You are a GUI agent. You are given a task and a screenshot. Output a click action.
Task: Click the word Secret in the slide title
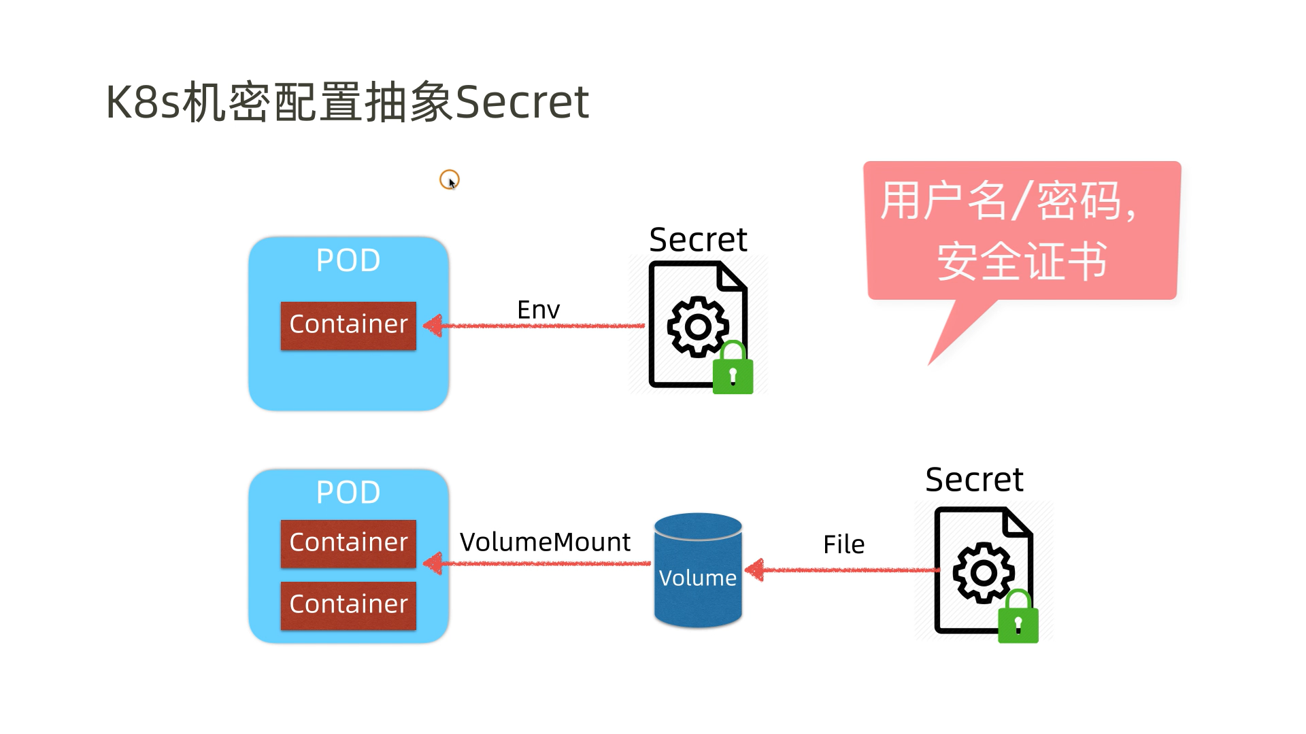click(521, 102)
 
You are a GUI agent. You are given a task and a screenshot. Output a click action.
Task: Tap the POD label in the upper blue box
click(348, 260)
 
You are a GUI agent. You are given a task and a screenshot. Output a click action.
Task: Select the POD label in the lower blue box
click(348, 492)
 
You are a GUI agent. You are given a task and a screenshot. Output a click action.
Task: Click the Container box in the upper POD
click(348, 326)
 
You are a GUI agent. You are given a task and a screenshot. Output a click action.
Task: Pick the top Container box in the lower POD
click(348, 543)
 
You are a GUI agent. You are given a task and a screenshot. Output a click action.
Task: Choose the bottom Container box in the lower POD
click(348, 605)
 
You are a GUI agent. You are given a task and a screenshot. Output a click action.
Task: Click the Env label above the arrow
click(538, 310)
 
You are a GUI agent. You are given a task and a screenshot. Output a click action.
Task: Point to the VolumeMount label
click(545, 542)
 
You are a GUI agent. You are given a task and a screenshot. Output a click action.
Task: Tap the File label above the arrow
click(843, 544)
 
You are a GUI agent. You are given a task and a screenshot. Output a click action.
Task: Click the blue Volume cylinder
click(698, 571)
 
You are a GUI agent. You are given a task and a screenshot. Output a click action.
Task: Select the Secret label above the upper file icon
click(698, 240)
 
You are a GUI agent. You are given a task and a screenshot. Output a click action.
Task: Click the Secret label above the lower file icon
click(974, 480)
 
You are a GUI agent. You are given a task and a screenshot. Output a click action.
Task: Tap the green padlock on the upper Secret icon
click(733, 370)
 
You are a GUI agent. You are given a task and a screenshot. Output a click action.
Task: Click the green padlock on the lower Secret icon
click(1018, 620)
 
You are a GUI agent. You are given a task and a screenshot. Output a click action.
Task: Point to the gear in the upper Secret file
click(698, 327)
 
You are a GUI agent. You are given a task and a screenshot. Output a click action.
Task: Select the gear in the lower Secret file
click(984, 573)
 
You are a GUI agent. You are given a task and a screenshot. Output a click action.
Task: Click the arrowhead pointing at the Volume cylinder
click(755, 570)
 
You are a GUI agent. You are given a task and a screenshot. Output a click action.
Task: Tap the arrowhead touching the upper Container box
click(433, 326)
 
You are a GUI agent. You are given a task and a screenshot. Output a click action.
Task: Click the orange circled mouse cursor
click(450, 180)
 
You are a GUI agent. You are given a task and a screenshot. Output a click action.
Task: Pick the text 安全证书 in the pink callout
click(1022, 262)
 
